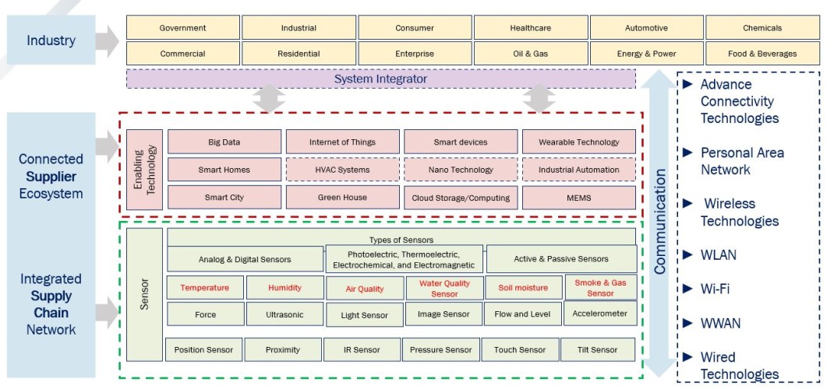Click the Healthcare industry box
click(x=531, y=28)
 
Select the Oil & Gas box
click(x=531, y=54)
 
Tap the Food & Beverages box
click(x=762, y=54)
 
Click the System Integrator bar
click(x=380, y=79)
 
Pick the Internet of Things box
click(x=342, y=142)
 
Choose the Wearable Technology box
click(x=578, y=142)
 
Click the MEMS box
click(x=578, y=198)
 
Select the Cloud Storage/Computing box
click(x=461, y=198)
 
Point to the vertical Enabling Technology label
click(x=144, y=170)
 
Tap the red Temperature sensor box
click(x=205, y=288)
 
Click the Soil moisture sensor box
click(x=522, y=288)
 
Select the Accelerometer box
click(x=599, y=314)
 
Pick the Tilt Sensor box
click(x=598, y=350)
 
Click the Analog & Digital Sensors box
click(x=245, y=259)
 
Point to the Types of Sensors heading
click(x=401, y=240)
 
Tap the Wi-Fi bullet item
click(x=715, y=289)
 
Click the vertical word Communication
click(x=659, y=222)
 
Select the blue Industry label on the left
click(x=51, y=40)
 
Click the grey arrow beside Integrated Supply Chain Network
click(x=107, y=312)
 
